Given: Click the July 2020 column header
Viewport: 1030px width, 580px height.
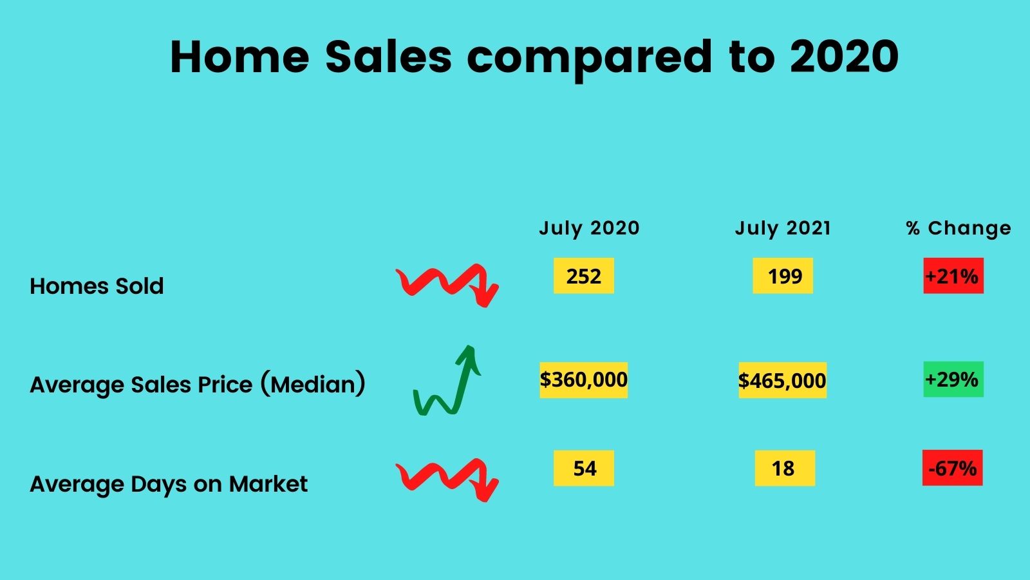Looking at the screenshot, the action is (x=589, y=228).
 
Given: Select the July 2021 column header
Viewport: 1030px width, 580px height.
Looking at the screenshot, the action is (x=783, y=228).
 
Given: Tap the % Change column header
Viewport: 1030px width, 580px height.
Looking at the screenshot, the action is (x=959, y=228).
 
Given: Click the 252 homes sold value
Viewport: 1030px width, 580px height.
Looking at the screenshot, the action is (x=583, y=276).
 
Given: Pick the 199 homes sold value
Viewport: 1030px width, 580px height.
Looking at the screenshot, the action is (x=783, y=276).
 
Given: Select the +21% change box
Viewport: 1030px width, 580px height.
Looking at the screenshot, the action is (x=953, y=276).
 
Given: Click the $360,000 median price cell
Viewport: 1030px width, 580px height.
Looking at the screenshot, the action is (x=583, y=380).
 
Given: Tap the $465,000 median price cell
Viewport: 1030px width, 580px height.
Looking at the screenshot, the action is (x=783, y=380).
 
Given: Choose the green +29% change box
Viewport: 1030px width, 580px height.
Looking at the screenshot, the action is (x=953, y=380).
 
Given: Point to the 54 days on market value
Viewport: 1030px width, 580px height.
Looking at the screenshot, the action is (x=583, y=468).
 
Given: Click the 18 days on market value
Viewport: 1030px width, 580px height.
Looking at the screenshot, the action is (x=785, y=468).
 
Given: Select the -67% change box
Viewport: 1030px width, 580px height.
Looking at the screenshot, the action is (x=952, y=468).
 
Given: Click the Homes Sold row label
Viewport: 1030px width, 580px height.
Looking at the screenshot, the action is (x=97, y=286).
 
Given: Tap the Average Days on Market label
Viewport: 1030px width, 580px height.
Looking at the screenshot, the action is (x=169, y=485).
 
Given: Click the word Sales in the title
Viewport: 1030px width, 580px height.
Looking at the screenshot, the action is (x=389, y=57).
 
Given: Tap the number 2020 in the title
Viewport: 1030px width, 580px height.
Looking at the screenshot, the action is (x=844, y=57).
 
